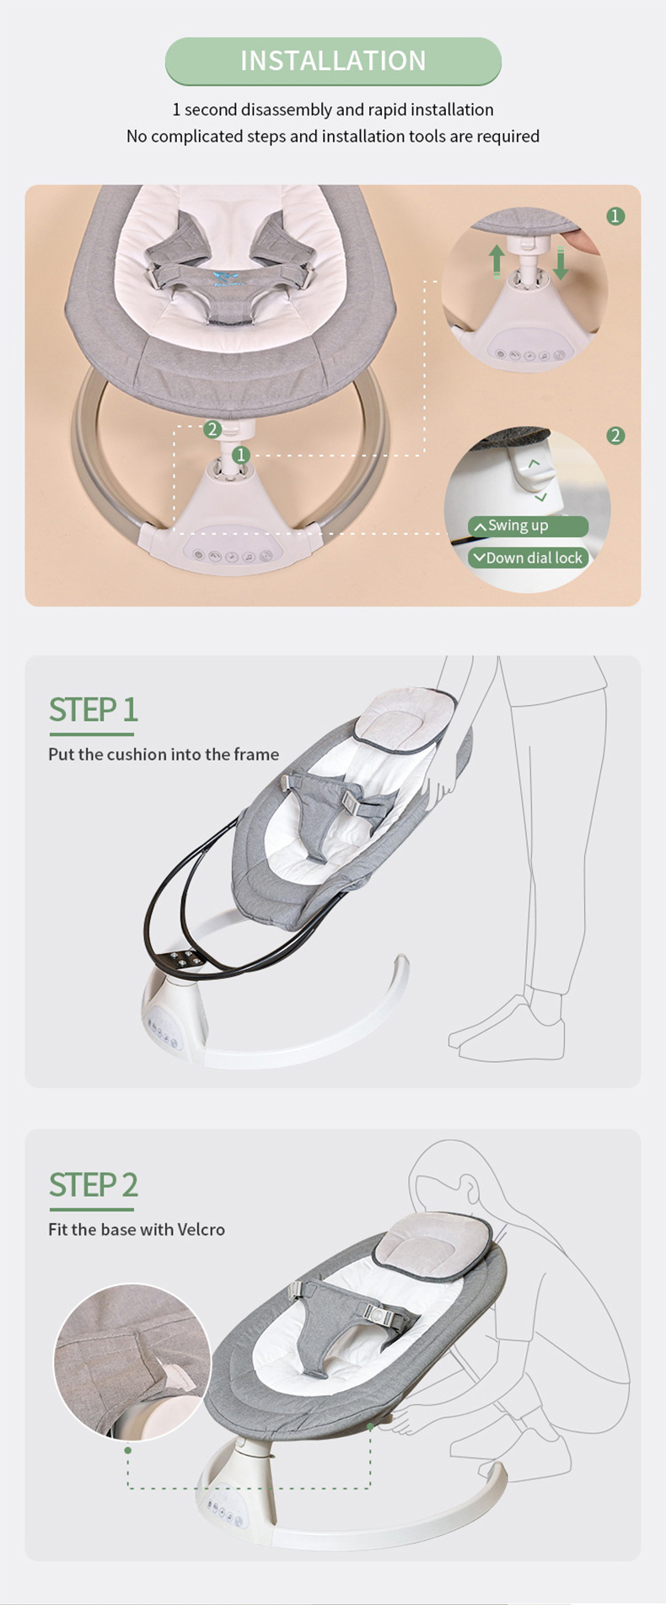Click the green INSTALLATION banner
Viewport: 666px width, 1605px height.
333,61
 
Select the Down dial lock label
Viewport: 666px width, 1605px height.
529,557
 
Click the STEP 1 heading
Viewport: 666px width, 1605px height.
93,710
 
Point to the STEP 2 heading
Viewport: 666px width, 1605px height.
93,1185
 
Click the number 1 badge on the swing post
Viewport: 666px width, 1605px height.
241,455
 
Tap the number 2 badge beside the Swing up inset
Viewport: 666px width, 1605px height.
615,435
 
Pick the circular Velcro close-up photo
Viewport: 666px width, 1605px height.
132,1360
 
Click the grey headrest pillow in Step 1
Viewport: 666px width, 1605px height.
406,719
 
